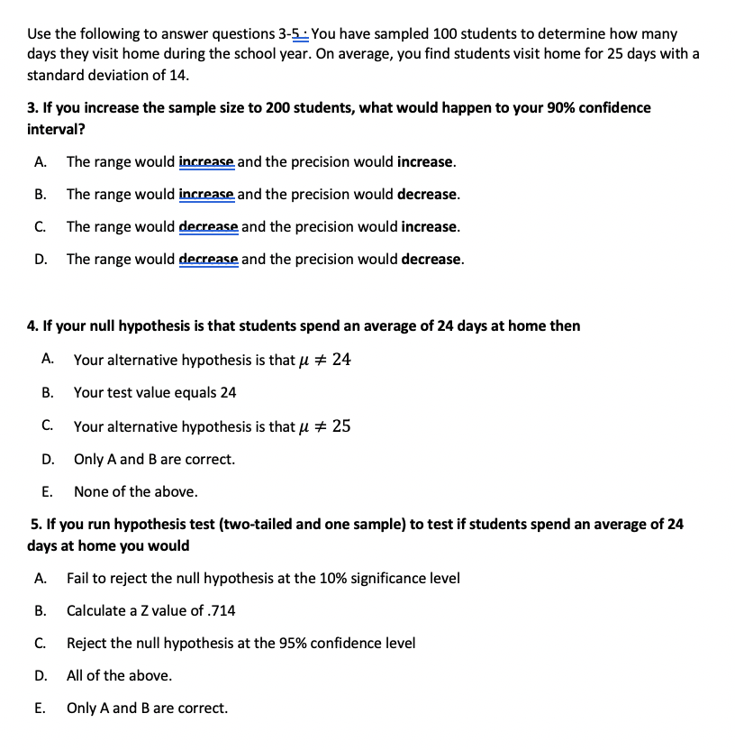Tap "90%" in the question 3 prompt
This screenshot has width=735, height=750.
[x=562, y=107]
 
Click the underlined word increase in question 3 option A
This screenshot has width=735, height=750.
[x=206, y=162]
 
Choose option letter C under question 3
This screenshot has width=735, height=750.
[x=41, y=227]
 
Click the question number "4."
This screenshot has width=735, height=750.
[x=33, y=325]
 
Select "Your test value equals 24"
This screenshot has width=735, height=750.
[x=155, y=393]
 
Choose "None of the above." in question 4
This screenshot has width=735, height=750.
[x=135, y=492]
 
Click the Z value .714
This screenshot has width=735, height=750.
[x=221, y=611]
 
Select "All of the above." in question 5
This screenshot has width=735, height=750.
[x=119, y=676]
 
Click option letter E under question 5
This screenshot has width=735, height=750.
[x=41, y=709]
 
